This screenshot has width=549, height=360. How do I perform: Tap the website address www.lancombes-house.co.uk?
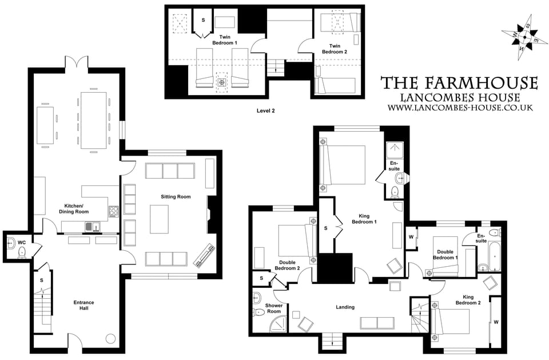click(x=460, y=107)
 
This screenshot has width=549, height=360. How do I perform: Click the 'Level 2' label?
click(x=265, y=110)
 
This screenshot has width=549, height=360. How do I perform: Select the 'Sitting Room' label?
click(x=175, y=197)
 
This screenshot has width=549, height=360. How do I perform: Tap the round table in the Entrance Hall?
click(x=111, y=338)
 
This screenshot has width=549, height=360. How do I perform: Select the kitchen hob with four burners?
click(x=113, y=211)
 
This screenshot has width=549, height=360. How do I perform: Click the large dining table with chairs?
click(x=93, y=118)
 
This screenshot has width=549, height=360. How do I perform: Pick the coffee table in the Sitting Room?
click(x=159, y=219)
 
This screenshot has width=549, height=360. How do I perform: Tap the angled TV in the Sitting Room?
click(x=205, y=256)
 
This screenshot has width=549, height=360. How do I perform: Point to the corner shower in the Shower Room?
click(x=279, y=325)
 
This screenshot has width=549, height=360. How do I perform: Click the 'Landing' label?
click(x=345, y=307)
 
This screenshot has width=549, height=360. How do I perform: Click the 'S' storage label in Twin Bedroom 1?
click(x=202, y=20)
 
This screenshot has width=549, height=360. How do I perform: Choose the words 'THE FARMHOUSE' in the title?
click(x=459, y=83)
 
